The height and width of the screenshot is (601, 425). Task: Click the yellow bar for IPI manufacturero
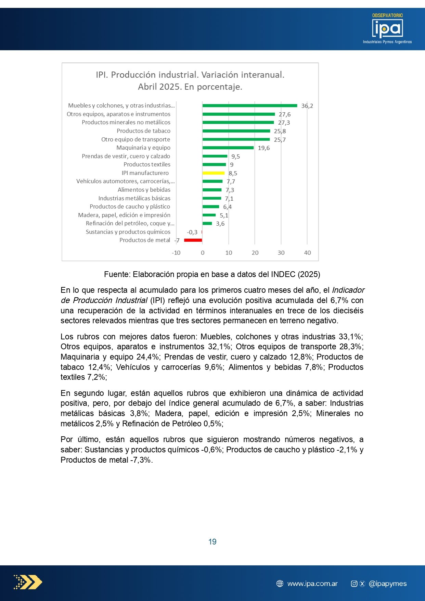pyautogui.click(x=214, y=173)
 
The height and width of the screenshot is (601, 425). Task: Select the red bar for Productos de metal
pyautogui.click(x=193, y=240)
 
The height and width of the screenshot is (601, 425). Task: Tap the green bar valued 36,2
pyautogui.click(x=250, y=105)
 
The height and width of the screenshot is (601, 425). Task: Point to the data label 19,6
pyautogui.click(x=264, y=148)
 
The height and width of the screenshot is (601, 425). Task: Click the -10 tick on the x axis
pyautogui.click(x=176, y=253)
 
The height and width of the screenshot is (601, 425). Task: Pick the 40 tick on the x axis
pyautogui.click(x=307, y=253)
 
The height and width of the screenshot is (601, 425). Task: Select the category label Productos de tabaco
pyautogui.click(x=143, y=131)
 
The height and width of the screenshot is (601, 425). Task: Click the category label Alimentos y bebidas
pyautogui.click(x=144, y=190)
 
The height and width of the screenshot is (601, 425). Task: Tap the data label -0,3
pyautogui.click(x=192, y=232)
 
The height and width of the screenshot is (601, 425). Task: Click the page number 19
pyautogui.click(x=212, y=542)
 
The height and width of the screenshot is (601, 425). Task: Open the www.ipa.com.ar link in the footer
pyautogui.click(x=312, y=584)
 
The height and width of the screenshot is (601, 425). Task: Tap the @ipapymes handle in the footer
pyautogui.click(x=388, y=584)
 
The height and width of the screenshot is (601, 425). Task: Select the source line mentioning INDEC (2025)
pyautogui.click(x=212, y=274)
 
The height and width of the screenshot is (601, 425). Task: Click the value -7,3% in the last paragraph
pyautogui.click(x=141, y=460)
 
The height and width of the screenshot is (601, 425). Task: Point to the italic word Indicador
pyautogui.click(x=348, y=290)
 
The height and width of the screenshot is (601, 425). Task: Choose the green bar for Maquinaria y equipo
pyautogui.click(x=228, y=148)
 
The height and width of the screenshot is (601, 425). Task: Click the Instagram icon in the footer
pyautogui.click(x=354, y=584)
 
